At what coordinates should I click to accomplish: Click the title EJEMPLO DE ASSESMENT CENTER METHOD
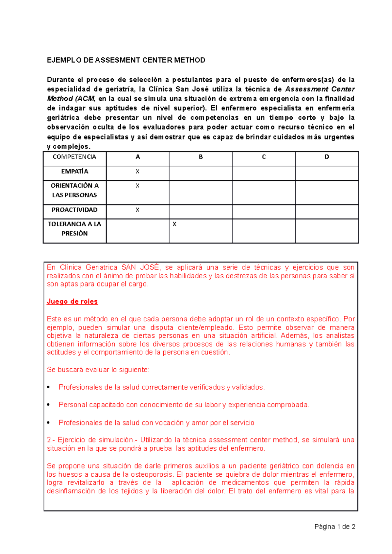pyautogui.click(x=126, y=60)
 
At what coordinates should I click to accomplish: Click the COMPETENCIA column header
pyautogui.click(x=74, y=157)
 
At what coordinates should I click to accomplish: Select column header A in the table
pyautogui.click(x=138, y=157)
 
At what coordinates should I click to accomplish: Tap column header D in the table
pyautogui.click(x=327, y=157)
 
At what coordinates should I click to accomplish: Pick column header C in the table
pyautogui.click(x=264, y=157)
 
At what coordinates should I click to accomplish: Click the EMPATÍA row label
pyautogui.click(x=74, y=171)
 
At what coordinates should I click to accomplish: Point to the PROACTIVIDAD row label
pyautogui.click(x=74, y=210)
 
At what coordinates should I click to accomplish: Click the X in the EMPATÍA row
pyautogui.click(x=138, y=172)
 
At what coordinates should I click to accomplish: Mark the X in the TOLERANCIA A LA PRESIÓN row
pyautogui.click(x=174, y=224)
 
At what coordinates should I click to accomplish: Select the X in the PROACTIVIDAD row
pyautogui.click(x=138, y=210)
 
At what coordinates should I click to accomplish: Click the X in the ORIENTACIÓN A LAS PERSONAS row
pyautogui.click(x=138, y=186)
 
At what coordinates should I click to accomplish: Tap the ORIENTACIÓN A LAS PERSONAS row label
pyautogui.click(x=74, y=190)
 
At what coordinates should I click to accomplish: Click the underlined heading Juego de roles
pyautogui.click(x=72, y=301)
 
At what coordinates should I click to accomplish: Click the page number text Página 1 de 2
pyautogui.click(x=335, y=527)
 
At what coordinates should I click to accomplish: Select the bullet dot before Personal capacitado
pyautogui.click(x=49, y=405)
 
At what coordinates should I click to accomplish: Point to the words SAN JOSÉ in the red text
pyautogui.click(x=141, y=268)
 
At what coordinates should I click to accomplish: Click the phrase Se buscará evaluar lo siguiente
pyautogui.click(x=98, y=370)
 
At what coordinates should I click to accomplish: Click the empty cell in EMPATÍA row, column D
pyautogui.click(x=327, y=173)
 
